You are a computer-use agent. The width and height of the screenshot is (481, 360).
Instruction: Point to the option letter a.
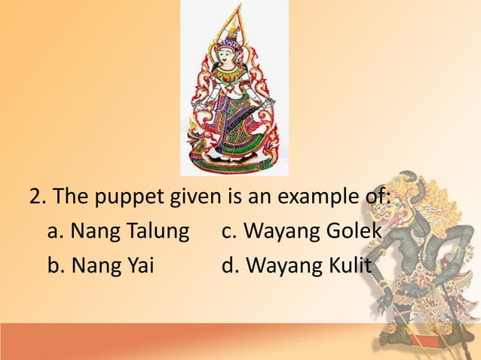tap(54, 233)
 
